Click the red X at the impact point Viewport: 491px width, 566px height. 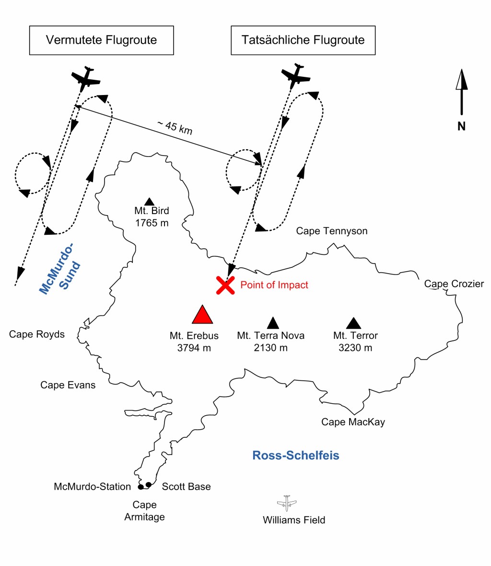click(225, 285)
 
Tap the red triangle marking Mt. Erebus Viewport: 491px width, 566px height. click(202, 315)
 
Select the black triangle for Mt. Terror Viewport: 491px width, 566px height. click(354, 323)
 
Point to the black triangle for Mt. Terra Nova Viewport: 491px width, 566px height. click(273, 323)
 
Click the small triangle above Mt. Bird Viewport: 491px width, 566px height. click(149, 201)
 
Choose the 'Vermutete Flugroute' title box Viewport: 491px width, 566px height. click(101, 40)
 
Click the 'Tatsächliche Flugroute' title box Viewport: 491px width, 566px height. click(303, 40)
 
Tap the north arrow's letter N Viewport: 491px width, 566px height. click(461, 126)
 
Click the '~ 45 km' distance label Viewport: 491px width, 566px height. click(175, 127)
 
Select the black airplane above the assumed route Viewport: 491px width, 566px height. click(86, 78)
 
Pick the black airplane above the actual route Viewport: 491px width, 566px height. click(296, 75)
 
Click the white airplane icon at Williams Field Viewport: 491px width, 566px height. click(287, 503)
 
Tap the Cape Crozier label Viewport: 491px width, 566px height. click(454, 284)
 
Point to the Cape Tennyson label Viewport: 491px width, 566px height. click(332, 231)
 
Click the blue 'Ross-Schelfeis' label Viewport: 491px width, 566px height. click(296, 455)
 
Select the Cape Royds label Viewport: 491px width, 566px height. click(37, 334)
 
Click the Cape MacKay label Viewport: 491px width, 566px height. click(353, 422)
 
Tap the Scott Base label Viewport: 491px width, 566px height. click(186, 487)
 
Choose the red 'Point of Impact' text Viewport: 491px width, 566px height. click(274, 285)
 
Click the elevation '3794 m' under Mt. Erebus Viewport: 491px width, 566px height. click(194, 348)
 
